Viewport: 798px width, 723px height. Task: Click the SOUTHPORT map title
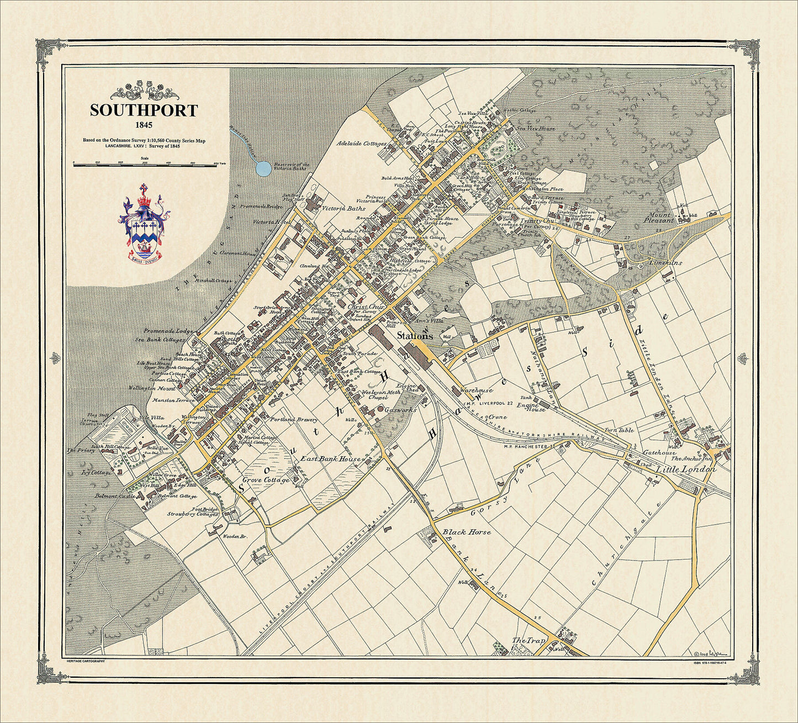[x=144, y=110]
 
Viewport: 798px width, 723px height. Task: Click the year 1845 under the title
[x=144, y=125]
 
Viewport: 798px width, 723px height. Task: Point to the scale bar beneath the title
[x=145, y=165]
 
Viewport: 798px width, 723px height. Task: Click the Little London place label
[x=686, y=469]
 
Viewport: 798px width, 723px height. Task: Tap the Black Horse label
[x=467, y=532]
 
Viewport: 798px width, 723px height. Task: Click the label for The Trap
[x=529, y=641]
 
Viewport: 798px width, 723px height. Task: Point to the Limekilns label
[x=665, y=263]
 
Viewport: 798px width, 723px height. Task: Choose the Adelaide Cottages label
[x=362, y=144]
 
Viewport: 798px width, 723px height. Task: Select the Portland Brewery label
[x=293, y=419]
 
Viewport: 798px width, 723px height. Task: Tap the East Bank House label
[x=331, y=459]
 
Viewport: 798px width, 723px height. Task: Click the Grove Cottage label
[x=266, y=480]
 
